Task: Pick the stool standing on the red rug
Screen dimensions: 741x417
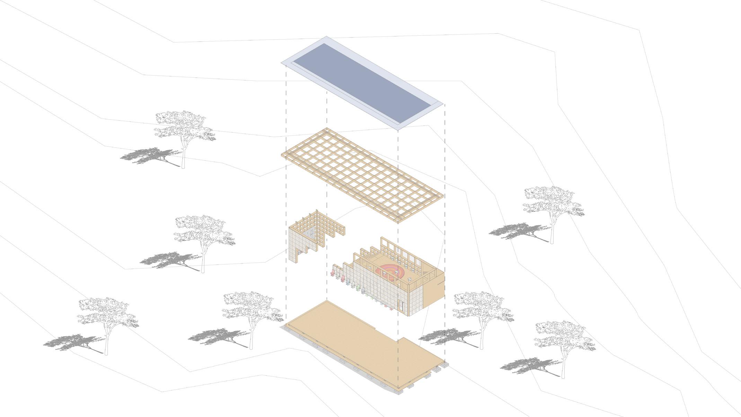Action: (385, 273)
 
